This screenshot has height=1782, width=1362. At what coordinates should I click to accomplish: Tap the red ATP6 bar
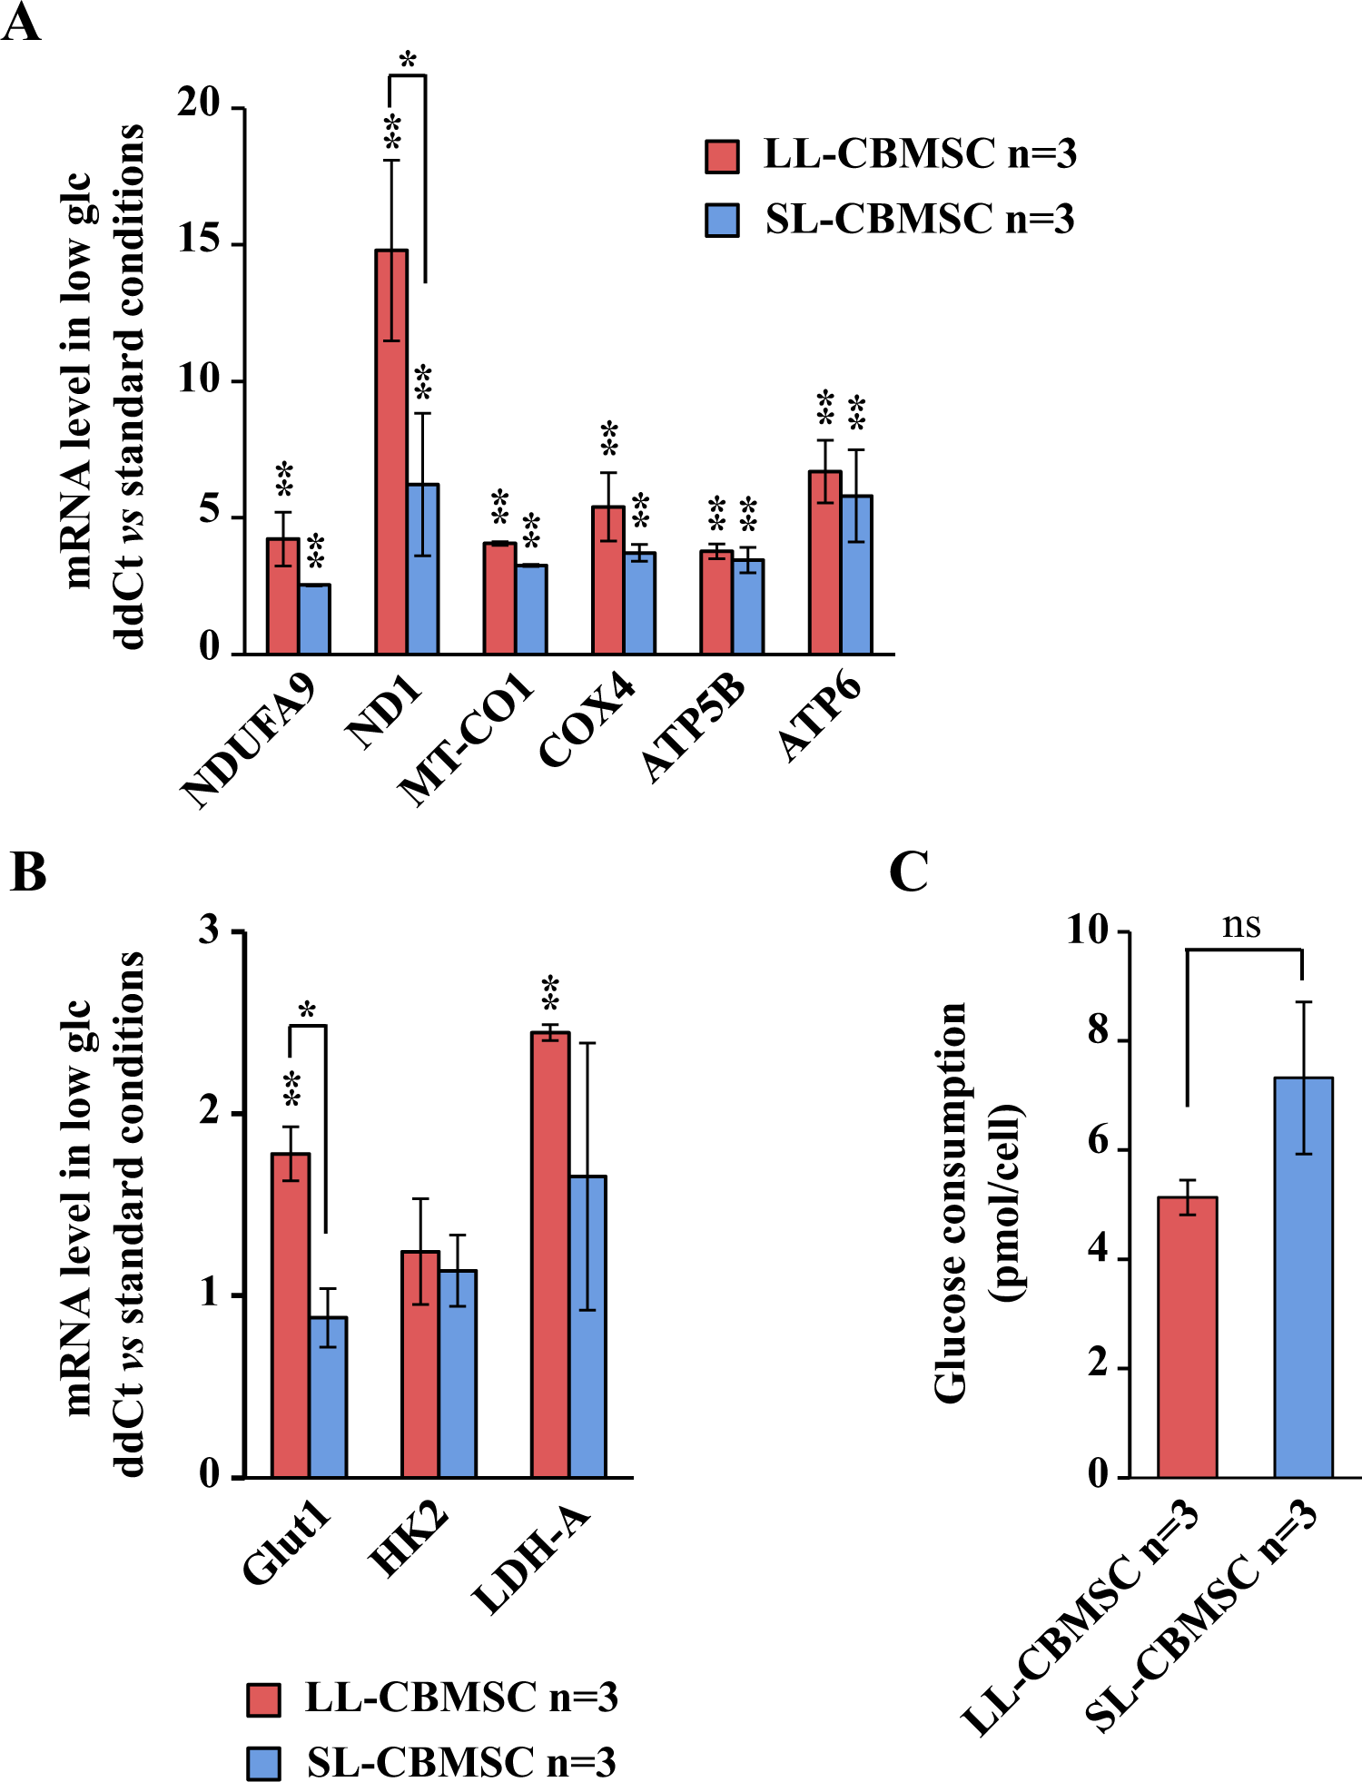coord(824,562)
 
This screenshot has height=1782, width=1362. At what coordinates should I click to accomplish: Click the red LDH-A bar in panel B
coord(550,1254)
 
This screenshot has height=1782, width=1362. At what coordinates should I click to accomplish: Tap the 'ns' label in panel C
coord(1241,925)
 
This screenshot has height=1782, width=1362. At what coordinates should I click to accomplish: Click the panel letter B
coord(27,872)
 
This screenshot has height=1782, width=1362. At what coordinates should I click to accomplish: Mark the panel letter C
coord(908,872)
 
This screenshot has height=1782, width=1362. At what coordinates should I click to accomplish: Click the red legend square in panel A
coord(723,155)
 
